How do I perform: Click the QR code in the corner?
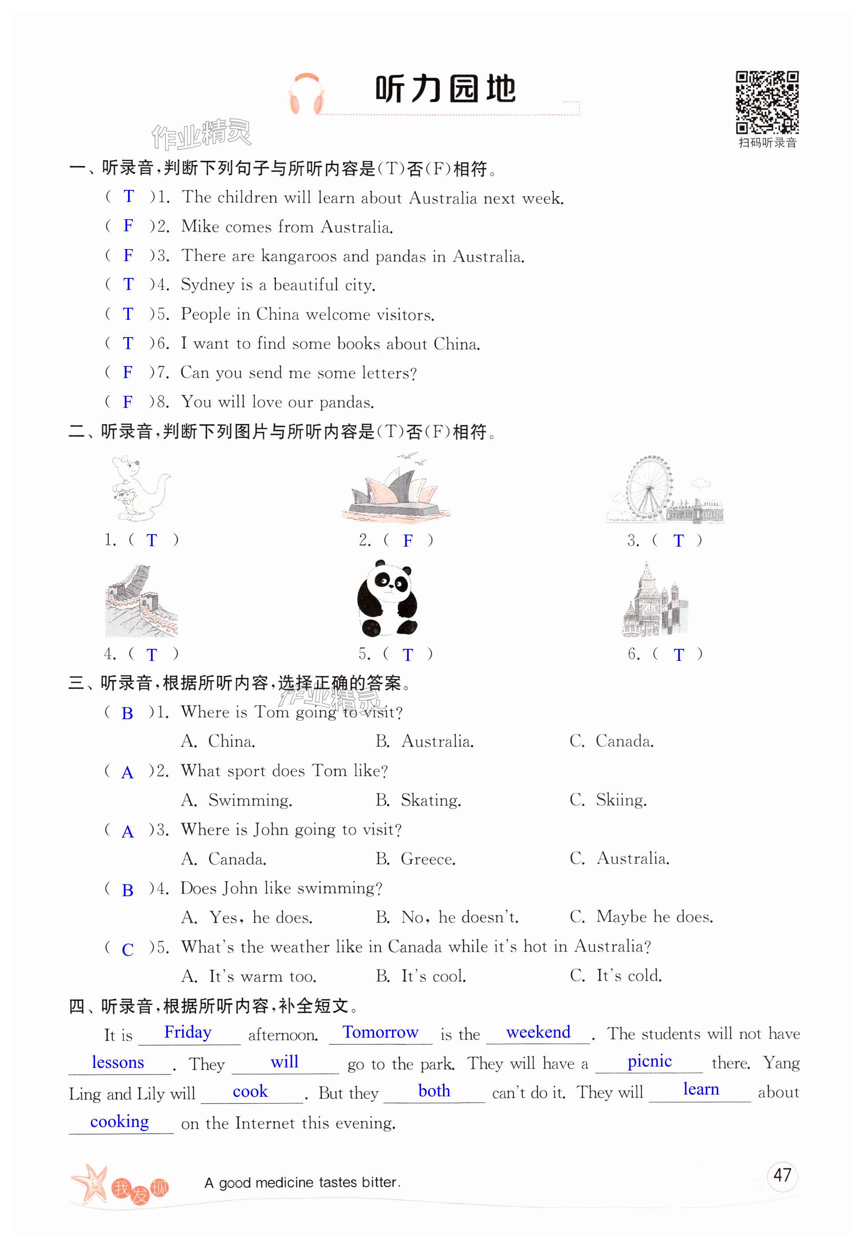(x=767, y=102)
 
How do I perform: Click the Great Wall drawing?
(x=141, y=601)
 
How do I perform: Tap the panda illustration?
(x=387, y=599)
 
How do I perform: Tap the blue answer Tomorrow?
(x=380, y=1032)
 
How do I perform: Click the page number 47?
(x=782, y=1175)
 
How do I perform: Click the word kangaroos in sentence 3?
(x=298, y=256)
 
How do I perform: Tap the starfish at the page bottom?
(x=90, y=1183)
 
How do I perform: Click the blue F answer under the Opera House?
(x=408, y=540)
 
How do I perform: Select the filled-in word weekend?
(x=538, y=1032)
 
